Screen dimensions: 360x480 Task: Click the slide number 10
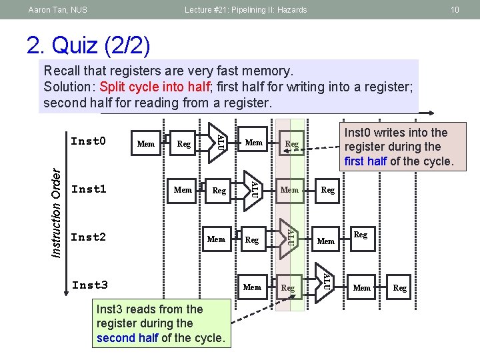455,9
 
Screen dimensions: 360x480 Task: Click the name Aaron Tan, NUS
58,9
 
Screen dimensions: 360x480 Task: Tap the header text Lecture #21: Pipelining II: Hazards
245,9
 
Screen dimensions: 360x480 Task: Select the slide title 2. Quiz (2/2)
89,45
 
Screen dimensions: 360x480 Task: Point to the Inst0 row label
89,141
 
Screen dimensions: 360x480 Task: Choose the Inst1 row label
89,189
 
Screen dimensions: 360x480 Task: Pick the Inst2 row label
89,237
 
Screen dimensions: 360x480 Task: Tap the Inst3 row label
89,285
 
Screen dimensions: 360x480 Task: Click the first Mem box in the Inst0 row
145,143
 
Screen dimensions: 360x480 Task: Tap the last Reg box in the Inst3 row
400,288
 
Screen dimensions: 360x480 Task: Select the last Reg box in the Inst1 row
328,191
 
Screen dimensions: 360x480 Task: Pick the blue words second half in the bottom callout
127,338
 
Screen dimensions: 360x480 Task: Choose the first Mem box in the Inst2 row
217,239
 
